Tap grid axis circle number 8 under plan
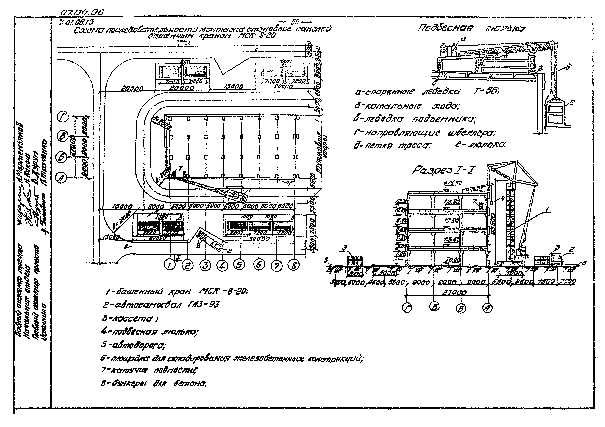[294, 265]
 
